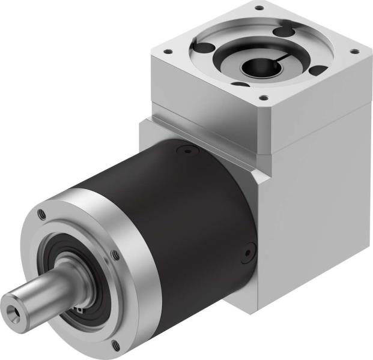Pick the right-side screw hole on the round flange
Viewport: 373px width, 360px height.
tap(115, 257)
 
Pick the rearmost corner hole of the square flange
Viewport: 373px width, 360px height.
tap(259, 8)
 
